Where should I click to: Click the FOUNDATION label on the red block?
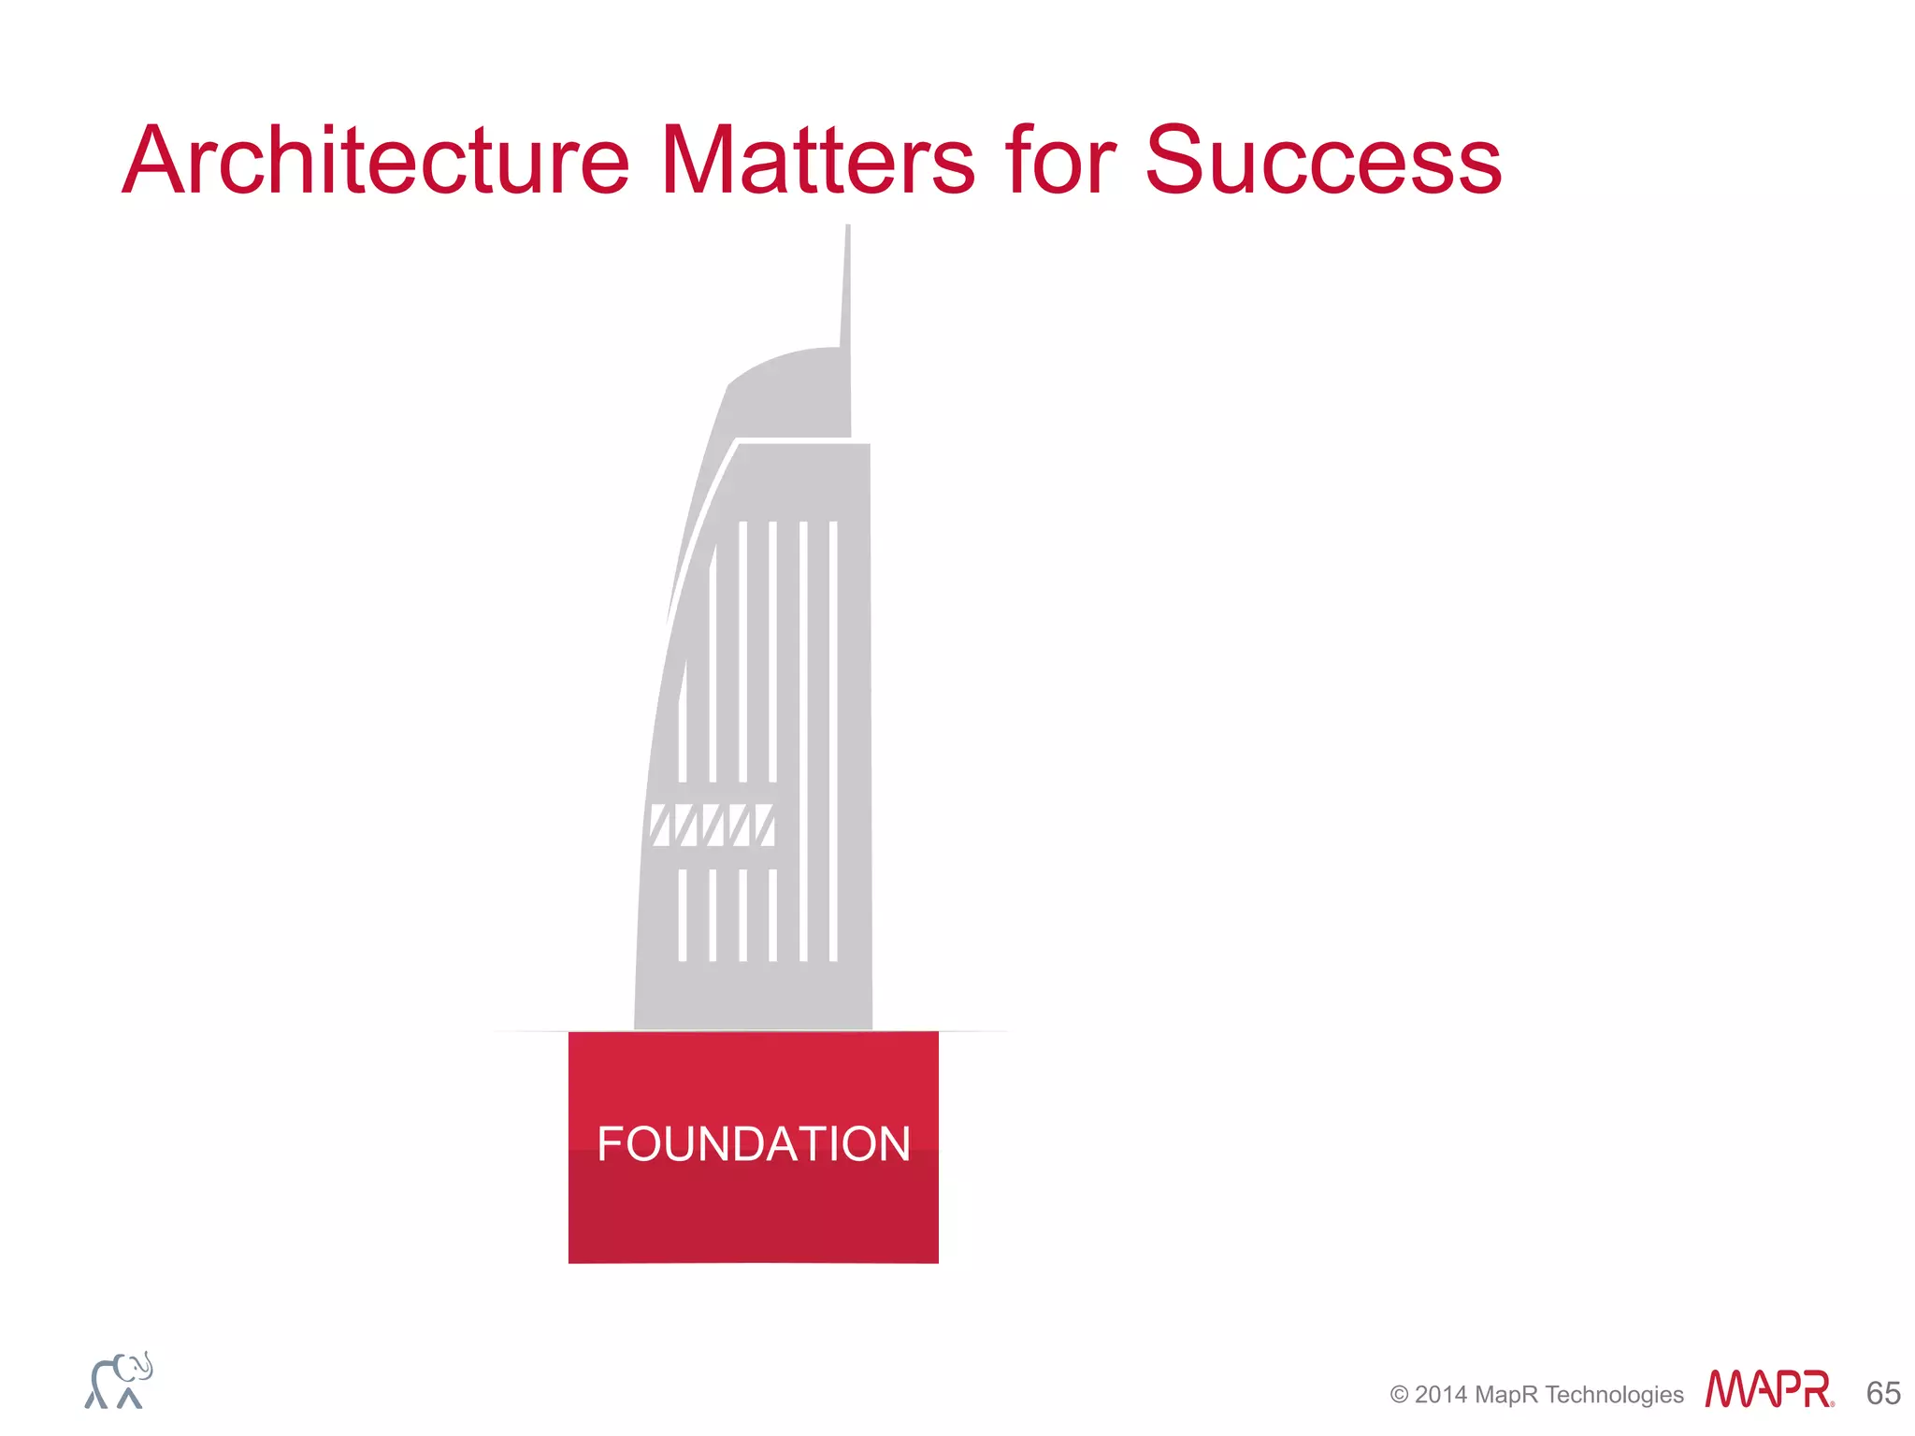tap(754, 1143)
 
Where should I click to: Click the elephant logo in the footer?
tap(118, 1381)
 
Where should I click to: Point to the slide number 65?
tap(1883, 1393)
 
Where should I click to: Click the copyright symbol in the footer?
tap(1399, 1395)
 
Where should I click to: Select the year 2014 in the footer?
tap(1440, 1395)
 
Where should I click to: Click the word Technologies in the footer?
tap(1614, 1395)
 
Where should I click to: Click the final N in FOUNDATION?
tap(892, 1143)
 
